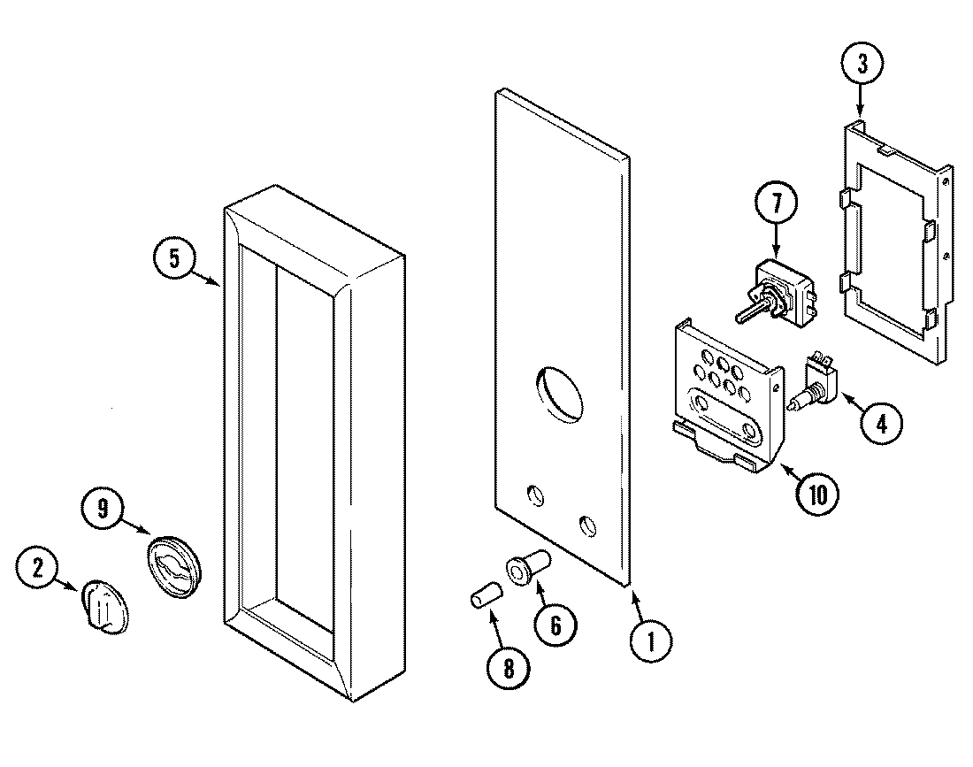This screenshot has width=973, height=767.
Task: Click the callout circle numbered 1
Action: click(650, 641)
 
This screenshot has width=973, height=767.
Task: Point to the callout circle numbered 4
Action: click(881, 422)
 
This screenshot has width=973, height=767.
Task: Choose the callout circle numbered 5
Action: click(174, 260)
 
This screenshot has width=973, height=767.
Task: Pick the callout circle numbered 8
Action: click(509, 669)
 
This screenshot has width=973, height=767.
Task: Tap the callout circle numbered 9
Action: click(103, 509)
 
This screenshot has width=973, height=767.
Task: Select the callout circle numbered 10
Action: click(815, 494)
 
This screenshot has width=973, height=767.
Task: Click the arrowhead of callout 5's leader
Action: click(219, 285)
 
